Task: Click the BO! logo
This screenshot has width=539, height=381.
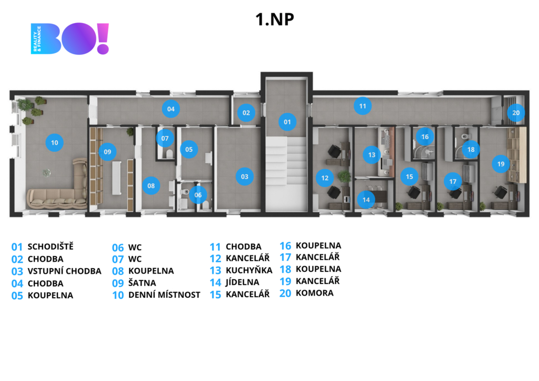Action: pos(70,38)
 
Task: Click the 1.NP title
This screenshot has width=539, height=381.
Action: pos(274,19)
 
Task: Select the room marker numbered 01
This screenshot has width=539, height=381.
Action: pos(287,122)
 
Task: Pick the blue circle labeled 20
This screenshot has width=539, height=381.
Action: pos(516,112)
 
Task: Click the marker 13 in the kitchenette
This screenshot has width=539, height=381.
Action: pos(372,155)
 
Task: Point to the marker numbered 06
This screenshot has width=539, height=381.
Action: pos(198,194)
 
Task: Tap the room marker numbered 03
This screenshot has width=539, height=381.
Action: pos(244,177)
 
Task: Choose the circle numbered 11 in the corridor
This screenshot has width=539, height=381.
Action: pos(362,106)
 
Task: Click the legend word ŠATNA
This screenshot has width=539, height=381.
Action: pos(142,283)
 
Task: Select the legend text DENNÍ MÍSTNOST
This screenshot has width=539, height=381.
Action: pos(164,295)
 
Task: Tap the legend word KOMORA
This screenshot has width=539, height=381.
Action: pos(314,293)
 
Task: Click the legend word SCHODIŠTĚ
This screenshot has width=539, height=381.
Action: pos(51,246)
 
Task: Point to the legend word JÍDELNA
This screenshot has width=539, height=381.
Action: pos(243,282)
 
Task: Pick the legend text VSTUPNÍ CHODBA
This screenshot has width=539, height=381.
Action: pos(64,271)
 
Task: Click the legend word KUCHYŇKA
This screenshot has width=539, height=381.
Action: pos(249,270)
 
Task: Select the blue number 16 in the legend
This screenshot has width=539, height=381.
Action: pos(285,246)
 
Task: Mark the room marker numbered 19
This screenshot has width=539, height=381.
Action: pos(501,164)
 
